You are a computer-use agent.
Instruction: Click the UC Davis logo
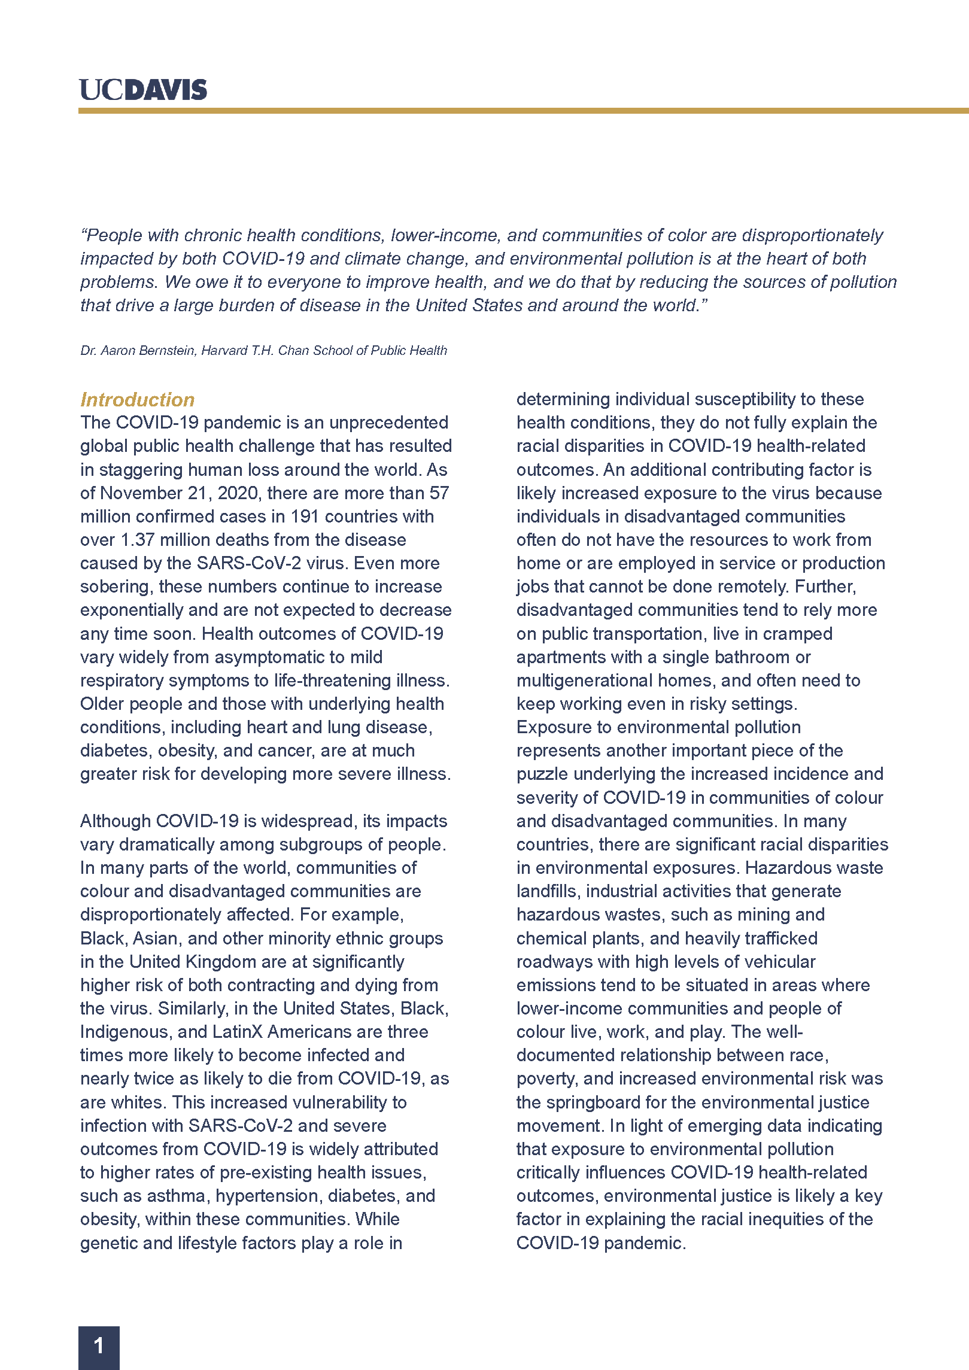pos(143,90)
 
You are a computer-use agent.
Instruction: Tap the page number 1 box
pos(99,1347)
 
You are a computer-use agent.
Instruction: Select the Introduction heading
pos(138,400)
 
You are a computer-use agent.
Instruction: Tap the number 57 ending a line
pos(439,493)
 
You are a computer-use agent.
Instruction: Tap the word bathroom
pos(752,657)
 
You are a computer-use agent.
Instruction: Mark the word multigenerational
pos(584,681)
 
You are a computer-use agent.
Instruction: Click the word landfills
pos(548,891)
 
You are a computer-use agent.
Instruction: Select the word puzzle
pos(542,774)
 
